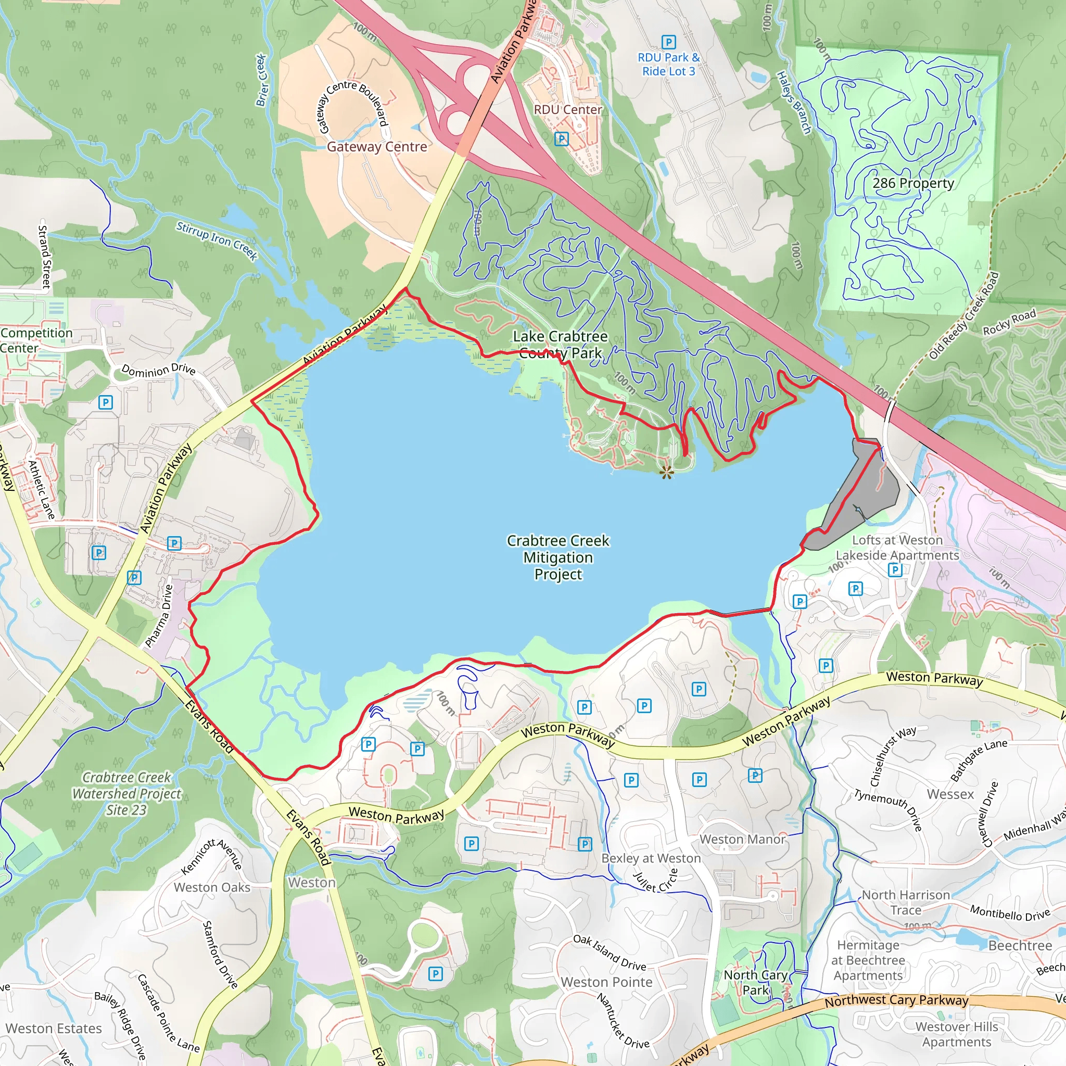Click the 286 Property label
(x=913, y=183)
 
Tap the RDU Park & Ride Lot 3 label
(x=668, y=64)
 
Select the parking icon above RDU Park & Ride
(x=668, y=42)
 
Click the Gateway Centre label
(x=377, y=147)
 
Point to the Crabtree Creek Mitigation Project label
(x=558, y=557)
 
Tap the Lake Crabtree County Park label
(x=560, y=344)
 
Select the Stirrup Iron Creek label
(x=217, y=240)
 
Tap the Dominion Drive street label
(x=158, y=370)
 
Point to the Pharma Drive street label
(x=158, y=616)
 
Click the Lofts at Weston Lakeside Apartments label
(x=897, y=548)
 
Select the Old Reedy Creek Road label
(x=963, y=316)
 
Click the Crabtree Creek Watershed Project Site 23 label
(x=126, y=793)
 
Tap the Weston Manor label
(x=742, y=839)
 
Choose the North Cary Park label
(x=755, y=983)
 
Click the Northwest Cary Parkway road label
(x=896, y=1001)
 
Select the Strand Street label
(x=44, y=257)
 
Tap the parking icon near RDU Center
(x=561, y=139)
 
